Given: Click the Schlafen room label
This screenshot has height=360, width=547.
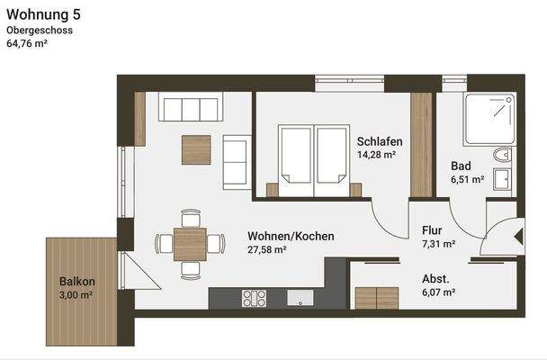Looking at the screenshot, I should coord(379,141).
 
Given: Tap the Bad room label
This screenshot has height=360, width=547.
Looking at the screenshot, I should coord(462,166).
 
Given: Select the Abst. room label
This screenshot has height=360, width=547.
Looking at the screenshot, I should coord(435,279).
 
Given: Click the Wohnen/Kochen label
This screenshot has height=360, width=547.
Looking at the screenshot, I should coord(291,236).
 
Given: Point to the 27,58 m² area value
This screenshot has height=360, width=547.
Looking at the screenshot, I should coord(267,250).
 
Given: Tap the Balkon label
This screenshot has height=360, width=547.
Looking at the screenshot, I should coord(77,281).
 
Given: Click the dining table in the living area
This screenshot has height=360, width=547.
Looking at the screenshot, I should coord(190,242).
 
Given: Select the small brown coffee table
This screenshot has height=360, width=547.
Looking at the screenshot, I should coord(196,149).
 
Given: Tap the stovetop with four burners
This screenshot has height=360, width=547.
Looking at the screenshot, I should coord(255,298).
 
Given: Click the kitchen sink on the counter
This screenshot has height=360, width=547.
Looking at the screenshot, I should coord(300,298).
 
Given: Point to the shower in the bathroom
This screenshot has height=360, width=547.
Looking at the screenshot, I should coord(489,122).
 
